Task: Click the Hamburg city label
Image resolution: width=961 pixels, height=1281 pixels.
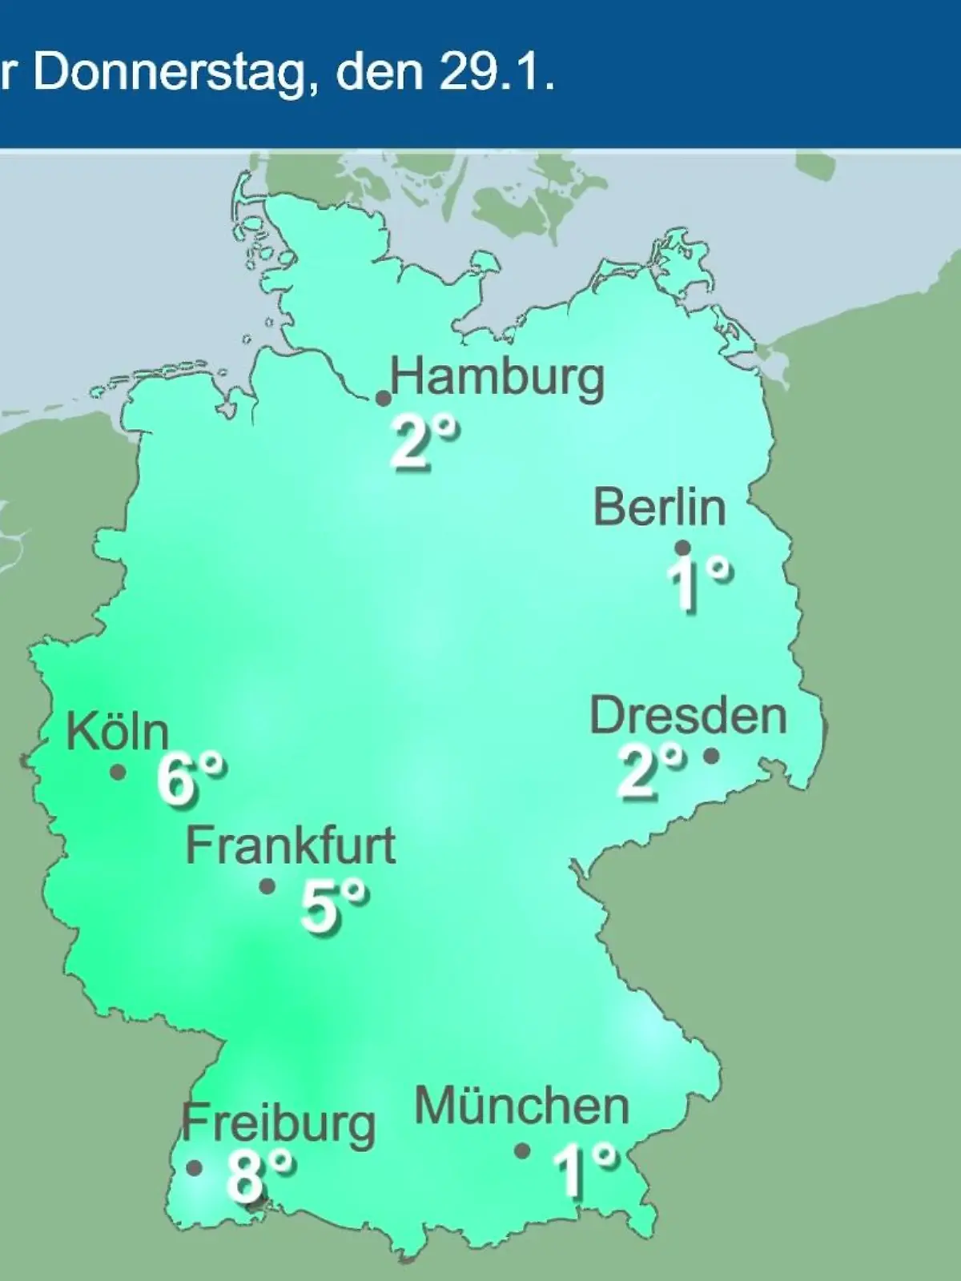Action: pyautogui.click(x=497, y=377)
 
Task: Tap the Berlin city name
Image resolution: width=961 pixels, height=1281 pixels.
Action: pyautogui.click(x=660, y=508)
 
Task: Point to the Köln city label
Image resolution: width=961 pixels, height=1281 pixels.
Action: pyautogui.click(x=118, y=731)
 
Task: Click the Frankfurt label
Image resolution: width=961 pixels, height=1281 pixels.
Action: pyautogui.click(x=291, y=845)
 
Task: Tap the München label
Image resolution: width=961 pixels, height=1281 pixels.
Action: pyautogui.click(x=522, y=1106)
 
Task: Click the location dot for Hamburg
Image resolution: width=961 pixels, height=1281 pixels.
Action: pyautogui.click(x=384, y=398)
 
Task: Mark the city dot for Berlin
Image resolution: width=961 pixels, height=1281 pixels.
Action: pyautogui.click(x=683, y=548)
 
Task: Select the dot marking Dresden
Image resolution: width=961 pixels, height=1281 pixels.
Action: pyautogui.click(x=711, y=755)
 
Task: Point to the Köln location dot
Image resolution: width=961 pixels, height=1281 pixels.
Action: pyautogui.click(x=119, y=773)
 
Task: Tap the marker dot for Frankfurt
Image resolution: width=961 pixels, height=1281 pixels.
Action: pyautogui.click(x=267, y=886)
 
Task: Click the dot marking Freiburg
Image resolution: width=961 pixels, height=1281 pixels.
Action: pyautogui.click(x=194, y=1168)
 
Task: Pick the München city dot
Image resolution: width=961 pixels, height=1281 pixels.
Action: pyautogui.click(x=522, y=1150)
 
